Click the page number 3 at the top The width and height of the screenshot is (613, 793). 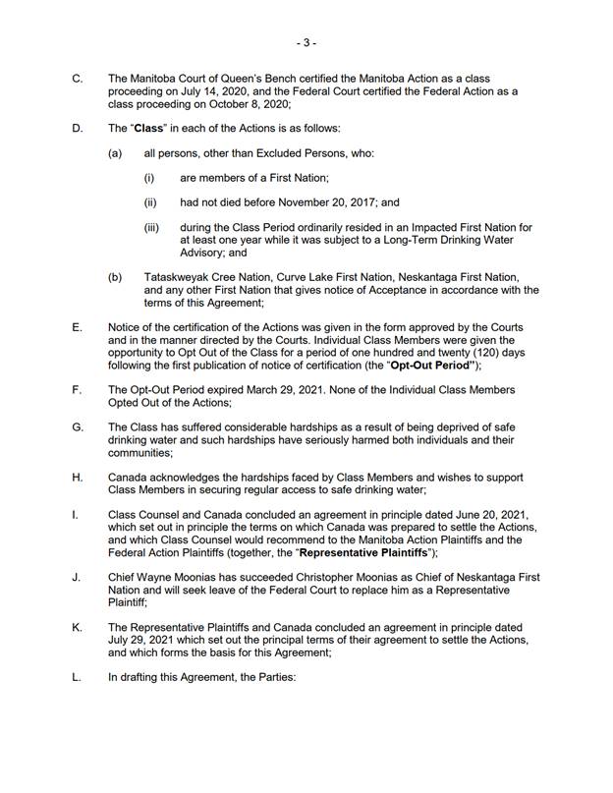(306, 43)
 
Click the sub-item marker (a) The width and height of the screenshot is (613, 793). (115, 154)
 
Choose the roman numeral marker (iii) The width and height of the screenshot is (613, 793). (152, 227)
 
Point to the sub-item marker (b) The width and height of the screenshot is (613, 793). (115, 277)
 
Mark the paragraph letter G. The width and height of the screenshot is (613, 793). (78, 427)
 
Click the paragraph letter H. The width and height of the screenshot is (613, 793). (78, 477)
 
